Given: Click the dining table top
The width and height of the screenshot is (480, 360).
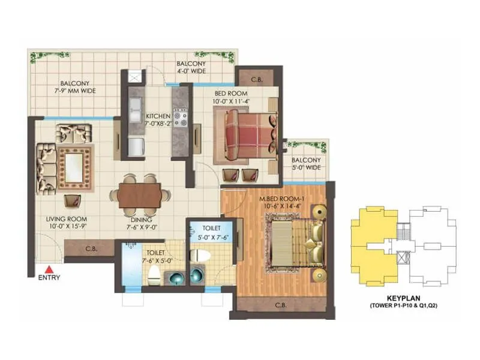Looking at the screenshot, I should click(x=140, y=195).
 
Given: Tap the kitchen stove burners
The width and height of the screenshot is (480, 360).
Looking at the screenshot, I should click(x=180, y=116).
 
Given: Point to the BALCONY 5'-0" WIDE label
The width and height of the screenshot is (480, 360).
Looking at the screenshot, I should click(x=306, y=164).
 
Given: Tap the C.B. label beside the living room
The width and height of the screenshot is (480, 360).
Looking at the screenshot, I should click(x=92, y=248).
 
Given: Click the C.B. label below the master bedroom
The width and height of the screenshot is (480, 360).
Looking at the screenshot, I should click(x=280, y=305).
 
